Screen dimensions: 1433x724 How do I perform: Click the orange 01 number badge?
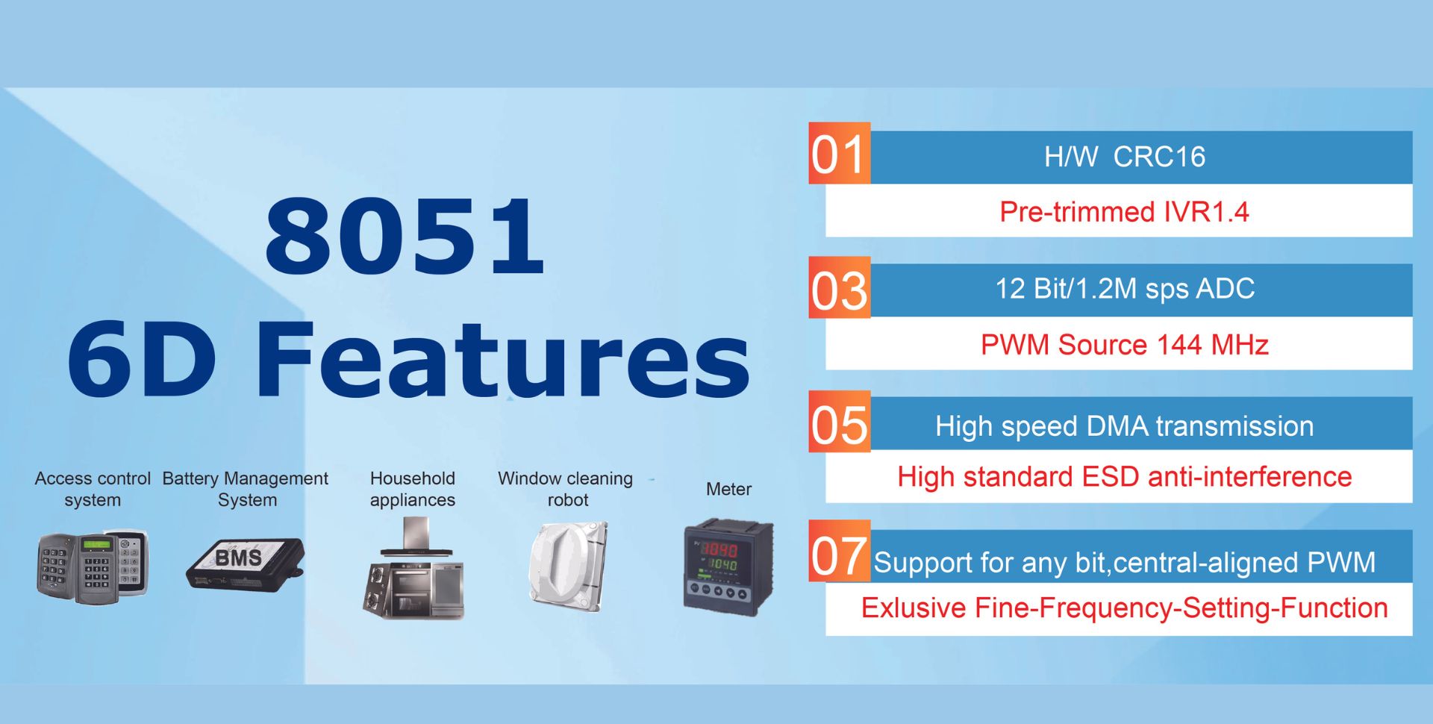coord(839,153)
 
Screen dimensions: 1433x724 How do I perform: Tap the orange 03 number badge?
coord(839,287)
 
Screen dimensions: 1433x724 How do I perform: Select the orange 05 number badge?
coord(839,422)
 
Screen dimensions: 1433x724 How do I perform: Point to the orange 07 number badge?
coord(839,551)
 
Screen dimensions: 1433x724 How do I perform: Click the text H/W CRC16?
coord(1124,157)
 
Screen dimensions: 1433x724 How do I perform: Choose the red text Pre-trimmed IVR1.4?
coord(1124,212)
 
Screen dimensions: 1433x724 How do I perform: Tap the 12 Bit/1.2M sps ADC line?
coord(1125,289)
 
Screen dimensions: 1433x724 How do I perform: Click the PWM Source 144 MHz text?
coord(1124,345)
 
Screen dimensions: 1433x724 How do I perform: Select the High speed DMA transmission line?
coord(1124,426)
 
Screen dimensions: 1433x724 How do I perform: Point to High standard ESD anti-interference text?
coord(1124,477)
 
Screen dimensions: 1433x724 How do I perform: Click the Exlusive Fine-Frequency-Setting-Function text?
coord(1124,608)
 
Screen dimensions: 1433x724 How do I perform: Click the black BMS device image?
coord(245,564)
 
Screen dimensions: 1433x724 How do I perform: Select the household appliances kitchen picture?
coord(413,569)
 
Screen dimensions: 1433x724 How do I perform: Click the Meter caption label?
coord(728,489)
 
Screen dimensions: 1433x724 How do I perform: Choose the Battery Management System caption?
coord(246,489)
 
